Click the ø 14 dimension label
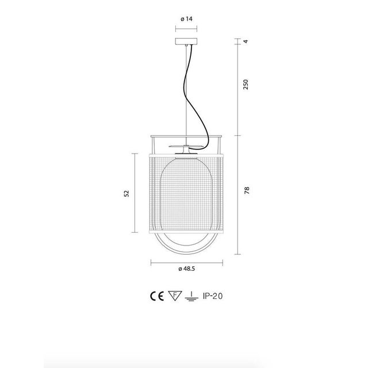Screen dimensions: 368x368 coord(186,19)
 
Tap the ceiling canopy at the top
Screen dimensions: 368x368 coord(186,42)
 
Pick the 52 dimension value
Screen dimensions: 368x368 coord(126,193)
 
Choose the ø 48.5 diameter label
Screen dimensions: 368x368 coord(186,269)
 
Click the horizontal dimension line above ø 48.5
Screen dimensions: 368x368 coord(186,262)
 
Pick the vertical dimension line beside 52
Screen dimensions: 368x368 coord(135,193)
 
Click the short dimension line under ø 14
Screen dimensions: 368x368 coord(186,26)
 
